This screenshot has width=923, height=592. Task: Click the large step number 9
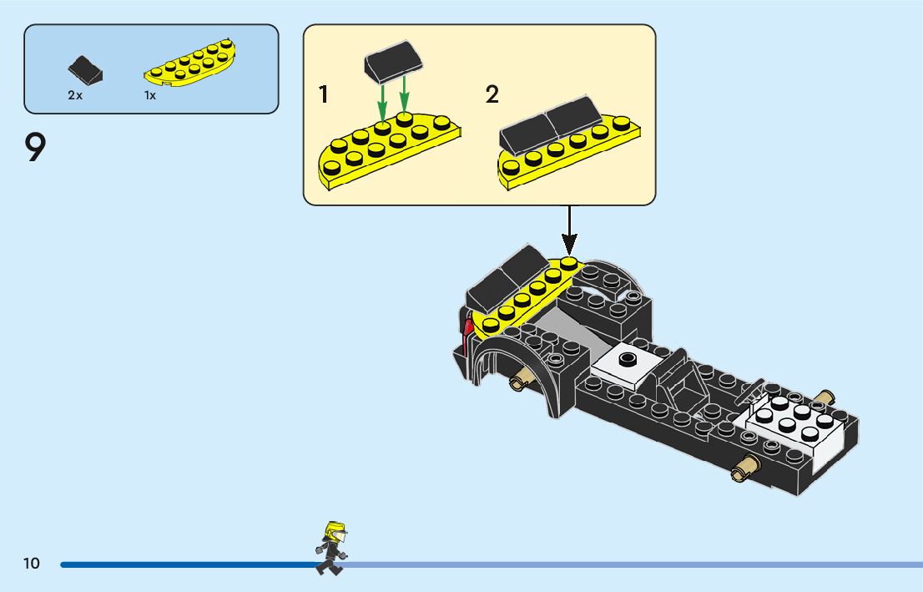(35, 149)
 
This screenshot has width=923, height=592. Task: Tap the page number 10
(32, 564)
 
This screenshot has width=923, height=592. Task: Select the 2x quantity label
(75, 95)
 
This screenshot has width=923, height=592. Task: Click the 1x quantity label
(150, 95)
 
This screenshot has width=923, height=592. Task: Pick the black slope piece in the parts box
(85, 70)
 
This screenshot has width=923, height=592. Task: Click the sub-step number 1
(323, 94)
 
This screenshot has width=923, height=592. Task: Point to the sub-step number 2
(492, 94)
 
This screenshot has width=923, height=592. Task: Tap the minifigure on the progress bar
(331, 548)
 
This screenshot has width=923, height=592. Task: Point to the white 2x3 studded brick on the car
(797, 422)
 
